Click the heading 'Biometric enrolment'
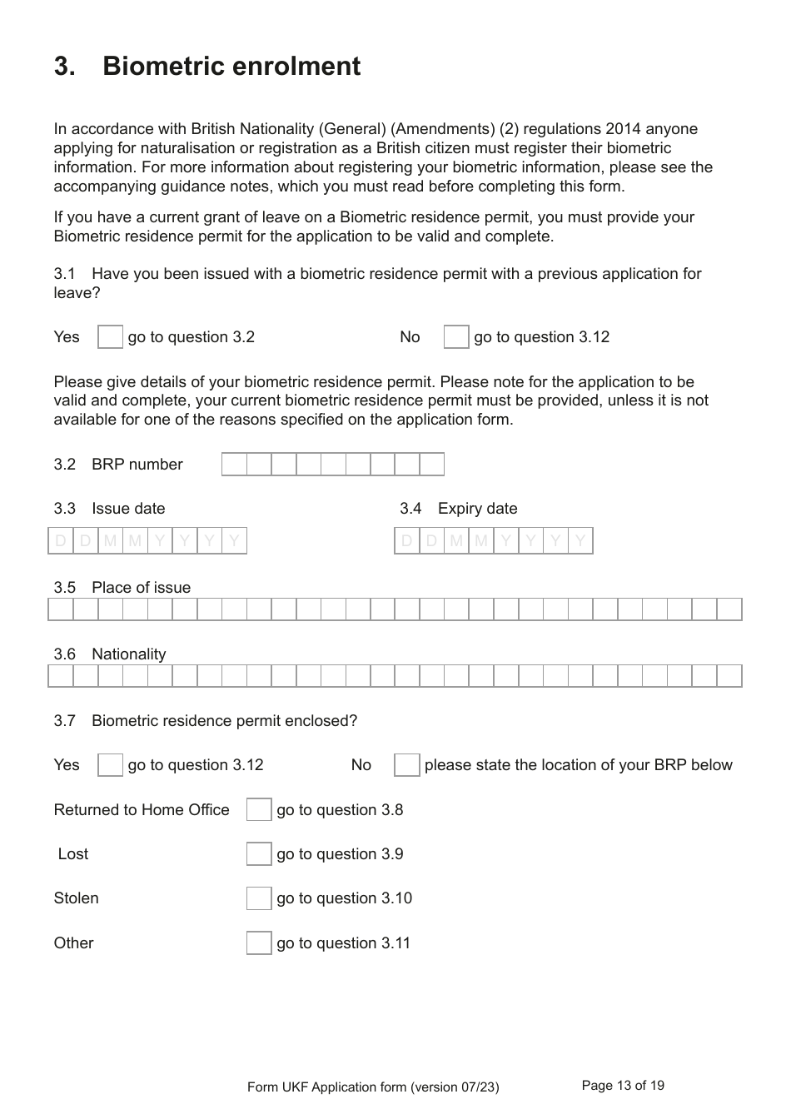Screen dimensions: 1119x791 coord(231,67)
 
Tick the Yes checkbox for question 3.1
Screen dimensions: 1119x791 coord(110,337)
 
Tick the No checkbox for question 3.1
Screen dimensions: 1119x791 coord(456,337)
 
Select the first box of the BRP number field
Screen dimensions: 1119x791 coord(235,465)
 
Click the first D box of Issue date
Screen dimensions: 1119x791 coord(61,541)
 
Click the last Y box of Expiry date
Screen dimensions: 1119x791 coord(580,541)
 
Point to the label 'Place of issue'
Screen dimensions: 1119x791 coord(141,588)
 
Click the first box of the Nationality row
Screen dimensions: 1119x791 coord(61,676)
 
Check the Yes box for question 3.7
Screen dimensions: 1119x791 coord(110,765)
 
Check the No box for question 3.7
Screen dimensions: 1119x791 coord(406,765)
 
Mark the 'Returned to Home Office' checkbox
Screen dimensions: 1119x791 coord(259,810)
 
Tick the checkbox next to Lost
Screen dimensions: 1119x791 coord(259,854)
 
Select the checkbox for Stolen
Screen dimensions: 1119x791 coord(259,898)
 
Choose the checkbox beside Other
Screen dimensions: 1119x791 coord(259,943)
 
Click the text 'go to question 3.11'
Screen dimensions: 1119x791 coord(343,943)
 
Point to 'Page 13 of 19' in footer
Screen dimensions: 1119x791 coord(623,1086)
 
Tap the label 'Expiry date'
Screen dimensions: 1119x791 coord(477,509)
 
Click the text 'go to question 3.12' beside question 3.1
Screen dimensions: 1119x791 coord(541,337)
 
